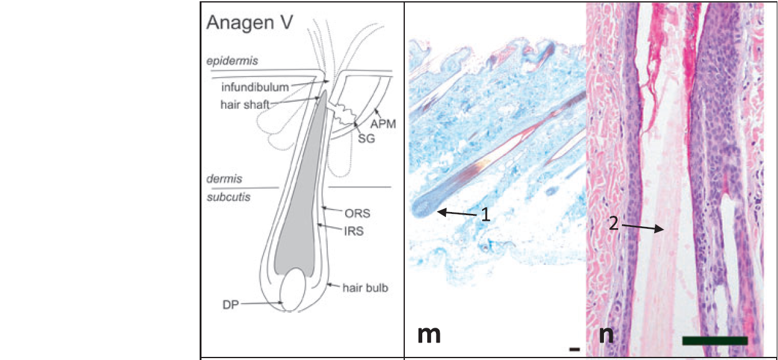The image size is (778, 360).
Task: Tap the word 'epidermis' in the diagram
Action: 233,60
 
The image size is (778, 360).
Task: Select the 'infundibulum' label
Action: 255,87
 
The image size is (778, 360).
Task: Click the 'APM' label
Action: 385,124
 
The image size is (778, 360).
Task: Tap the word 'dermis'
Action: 224,179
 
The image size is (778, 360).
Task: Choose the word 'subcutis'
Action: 228,197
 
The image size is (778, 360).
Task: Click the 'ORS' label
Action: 357,213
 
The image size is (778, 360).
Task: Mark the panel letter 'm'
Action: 428,335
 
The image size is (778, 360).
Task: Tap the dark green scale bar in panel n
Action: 715,340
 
